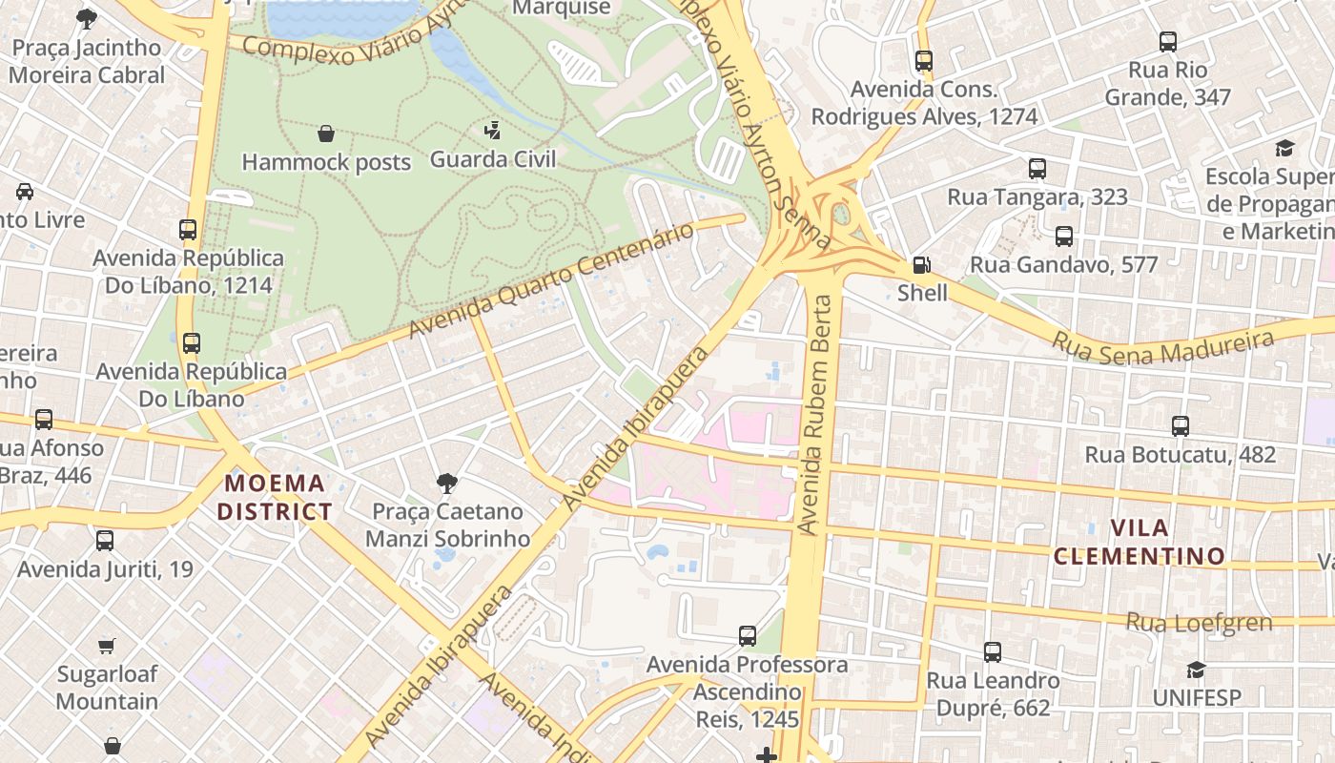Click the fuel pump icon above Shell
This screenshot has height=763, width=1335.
click(922, 265)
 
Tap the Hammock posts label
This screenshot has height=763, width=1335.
click(326, 162)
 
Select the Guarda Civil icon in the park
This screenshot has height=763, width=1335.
click(493, 130)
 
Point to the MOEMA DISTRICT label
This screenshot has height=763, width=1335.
click(275, 497)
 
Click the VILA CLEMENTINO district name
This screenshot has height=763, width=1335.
click(1140, 542)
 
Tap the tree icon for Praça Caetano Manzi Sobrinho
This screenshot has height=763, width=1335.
click(446, 484)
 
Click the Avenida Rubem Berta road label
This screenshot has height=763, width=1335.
click(818, 415)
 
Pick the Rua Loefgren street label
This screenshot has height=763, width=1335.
click(1200, 623)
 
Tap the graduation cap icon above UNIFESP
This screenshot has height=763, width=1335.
click(1196, 670)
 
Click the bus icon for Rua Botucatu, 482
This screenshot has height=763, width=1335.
click(1181, 426)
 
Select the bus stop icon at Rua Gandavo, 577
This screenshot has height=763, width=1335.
click(1064, 237)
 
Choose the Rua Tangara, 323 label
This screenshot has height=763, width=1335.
click(1037, 197)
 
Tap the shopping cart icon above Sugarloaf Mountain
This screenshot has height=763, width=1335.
click(107, 646)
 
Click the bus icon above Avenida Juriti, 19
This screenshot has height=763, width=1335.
click(105, 541)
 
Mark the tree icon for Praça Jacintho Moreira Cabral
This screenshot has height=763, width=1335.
click(87, 18)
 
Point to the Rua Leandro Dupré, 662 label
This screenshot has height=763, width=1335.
click(993, 694)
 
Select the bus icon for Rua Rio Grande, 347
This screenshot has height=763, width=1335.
click(1168, 42)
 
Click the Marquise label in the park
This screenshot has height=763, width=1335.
click(562, 8)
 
